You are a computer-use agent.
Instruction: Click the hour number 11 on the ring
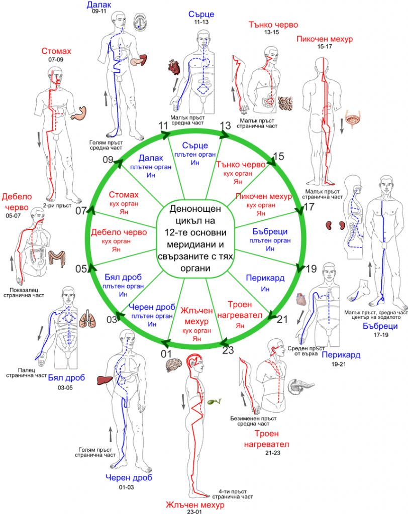(x=163, y=125)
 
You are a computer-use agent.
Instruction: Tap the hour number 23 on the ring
(x=228, y=350)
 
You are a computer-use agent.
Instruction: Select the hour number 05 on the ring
(x=81, y=269)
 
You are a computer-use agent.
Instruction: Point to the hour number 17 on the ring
(x=309, y=207)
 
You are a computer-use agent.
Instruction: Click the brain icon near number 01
(x=174, y=364)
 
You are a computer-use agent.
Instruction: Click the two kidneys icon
(x=336, y=225)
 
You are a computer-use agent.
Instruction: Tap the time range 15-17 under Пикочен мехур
(x=324, y=47)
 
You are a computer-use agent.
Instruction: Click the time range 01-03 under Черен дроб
(x=127, y=487)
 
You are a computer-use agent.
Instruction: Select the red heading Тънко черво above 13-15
(x=273, y=25)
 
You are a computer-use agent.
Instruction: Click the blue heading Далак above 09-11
(x=99, y=5)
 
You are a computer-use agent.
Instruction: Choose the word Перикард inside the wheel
(x=265, y=278)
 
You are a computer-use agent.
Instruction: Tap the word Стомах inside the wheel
(x=124, y=195)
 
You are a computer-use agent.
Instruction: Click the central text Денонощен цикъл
(x=195, y=215)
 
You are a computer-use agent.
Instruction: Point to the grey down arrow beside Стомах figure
(x=39, y=139)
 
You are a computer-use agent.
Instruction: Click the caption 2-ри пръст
(x=57, y=205)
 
